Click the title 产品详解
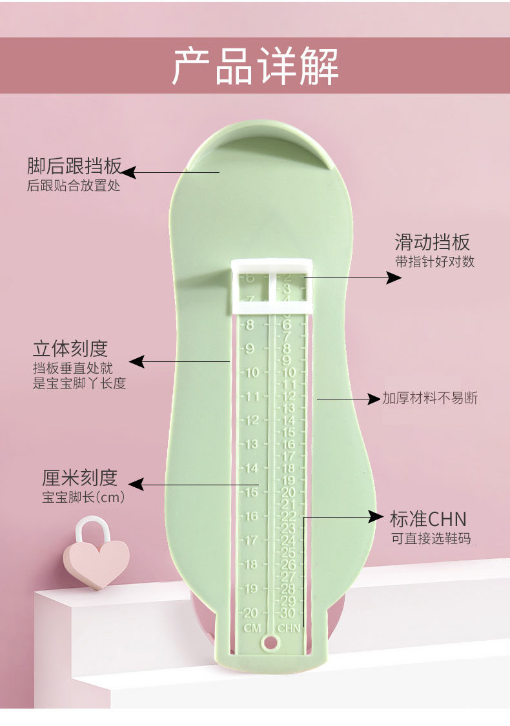tap(255, 66)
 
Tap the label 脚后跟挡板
tap(74, 166)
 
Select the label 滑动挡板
tap(432, 243)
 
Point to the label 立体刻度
tap(70, 348)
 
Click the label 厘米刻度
tap(79, 478)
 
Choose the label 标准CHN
tap(428, 519)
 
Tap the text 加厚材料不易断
tap(430, 398)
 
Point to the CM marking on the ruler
tap(251, 628)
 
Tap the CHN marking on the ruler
tap(289, 628)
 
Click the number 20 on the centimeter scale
tap(250, 612)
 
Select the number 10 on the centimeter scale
tap(251, 372)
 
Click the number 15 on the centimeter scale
tap(250, 492)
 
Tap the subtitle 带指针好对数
tap(434, 262)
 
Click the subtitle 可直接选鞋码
tap(431, 539)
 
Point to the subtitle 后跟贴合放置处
tap(73, 187)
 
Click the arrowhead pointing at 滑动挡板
tap(394, 277)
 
